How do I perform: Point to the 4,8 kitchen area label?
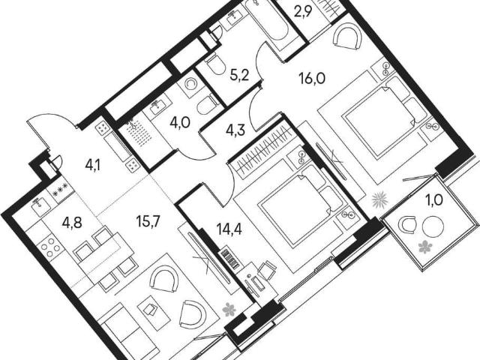pyautogui.click(x=72, y=223)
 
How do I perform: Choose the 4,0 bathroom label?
pyautogui.click(x=180, y=123)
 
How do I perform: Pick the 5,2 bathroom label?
pyautogui.click(x=239, y=75)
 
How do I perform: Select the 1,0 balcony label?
pyautogui.click(x=434, y=201)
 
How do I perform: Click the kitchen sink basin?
pyautogui.click(x=38, y=202)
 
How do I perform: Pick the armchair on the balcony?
pyautogui.click(x=407, y=224)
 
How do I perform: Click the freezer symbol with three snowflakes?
pyautogui.click(x=60, y=193)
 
